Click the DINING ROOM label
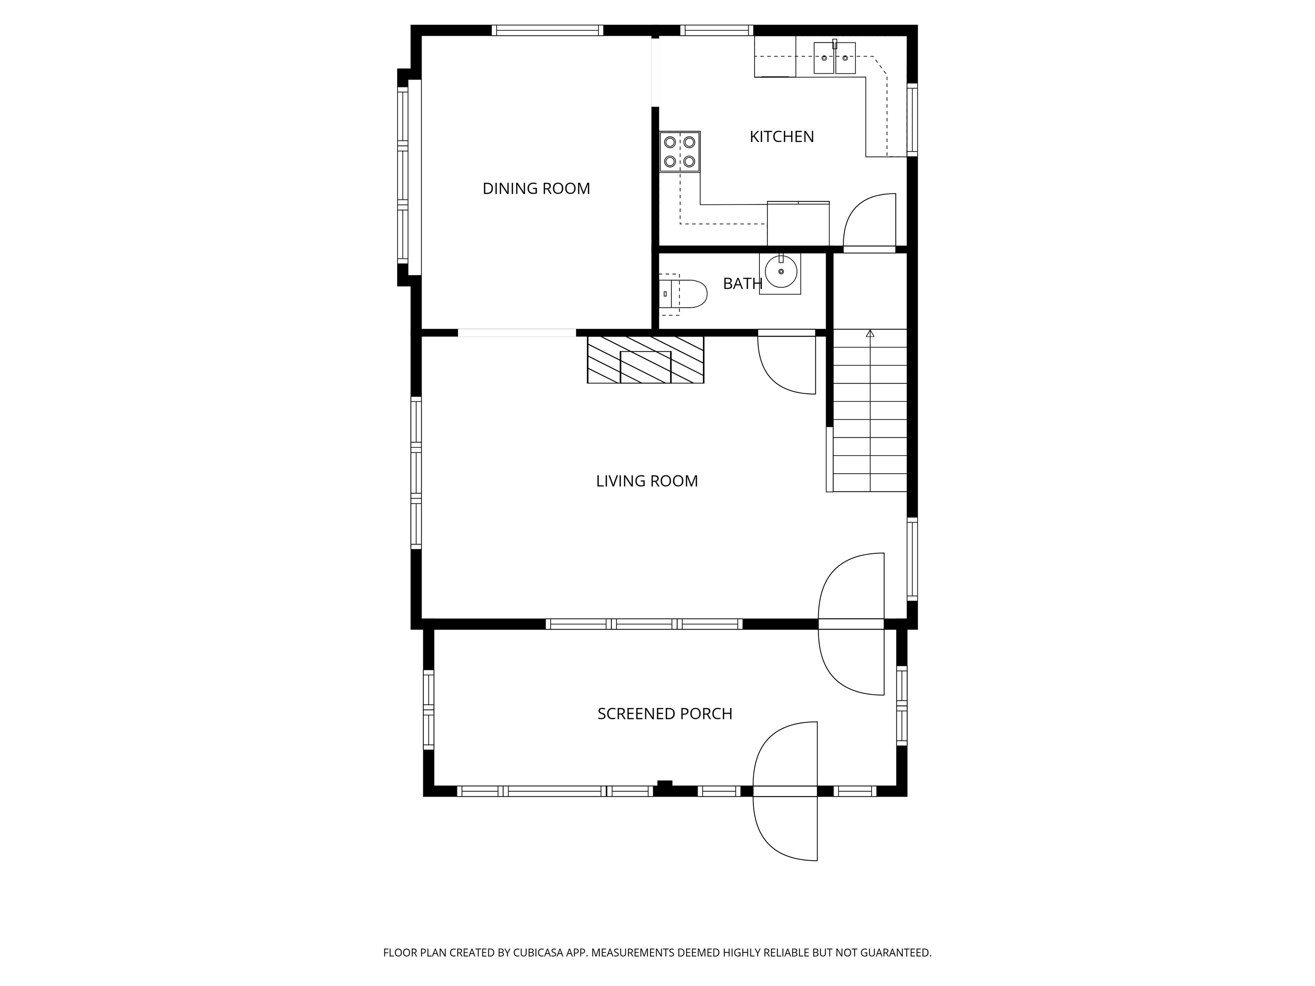(x=536, y=188)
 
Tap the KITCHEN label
(x=782, y=137)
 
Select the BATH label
(x=743, y=283)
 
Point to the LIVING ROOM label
(x=647, y=481)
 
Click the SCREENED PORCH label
(x=665, y=714)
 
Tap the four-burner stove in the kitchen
(x=679, y=151)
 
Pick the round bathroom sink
(x=780, y=273)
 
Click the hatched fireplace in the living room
(x=646, y=359)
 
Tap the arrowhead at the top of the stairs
(x=870, y=333)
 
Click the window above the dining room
(x=547, y=30)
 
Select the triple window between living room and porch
(x=644, y=624)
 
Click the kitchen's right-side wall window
(x=912, y=120)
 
